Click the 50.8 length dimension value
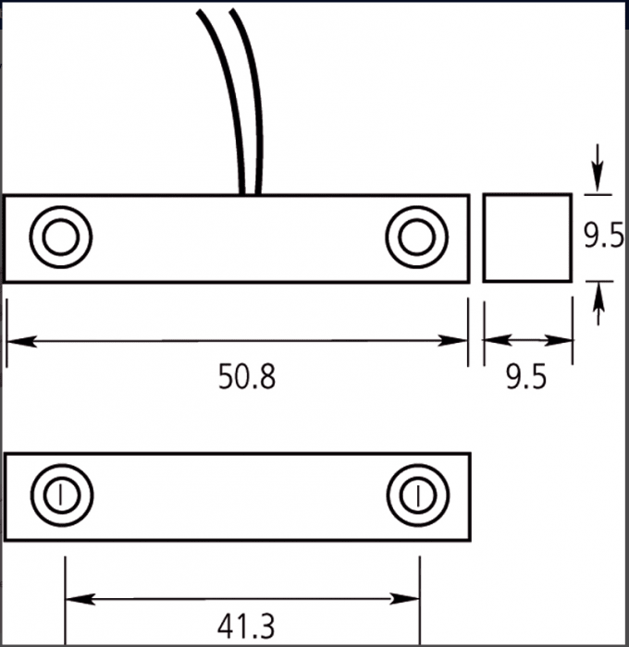click(x=247, y=376)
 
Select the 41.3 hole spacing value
click(x=246, y=626)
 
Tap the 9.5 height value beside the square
click(x=604, y=235)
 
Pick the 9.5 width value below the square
click(x=526, y=377)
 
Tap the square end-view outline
click(x=484, y=238)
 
